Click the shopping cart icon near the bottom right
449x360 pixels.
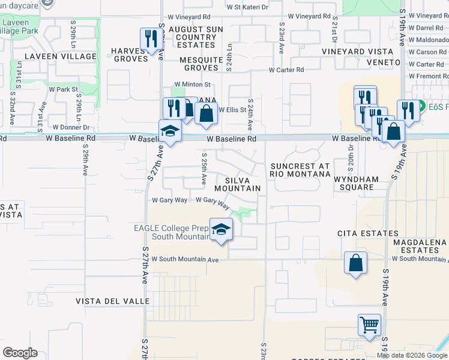point(369,325)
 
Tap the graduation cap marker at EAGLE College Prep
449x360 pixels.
point(221,229)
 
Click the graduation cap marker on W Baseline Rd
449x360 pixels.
point(170,131)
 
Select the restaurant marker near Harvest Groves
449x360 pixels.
point(149,40)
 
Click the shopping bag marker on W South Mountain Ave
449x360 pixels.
point(355,263)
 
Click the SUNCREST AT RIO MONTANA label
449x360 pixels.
point(300,170)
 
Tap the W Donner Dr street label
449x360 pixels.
point(71,127)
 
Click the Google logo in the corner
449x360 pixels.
point(20,353)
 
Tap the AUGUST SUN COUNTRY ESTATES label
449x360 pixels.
point(196,37)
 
